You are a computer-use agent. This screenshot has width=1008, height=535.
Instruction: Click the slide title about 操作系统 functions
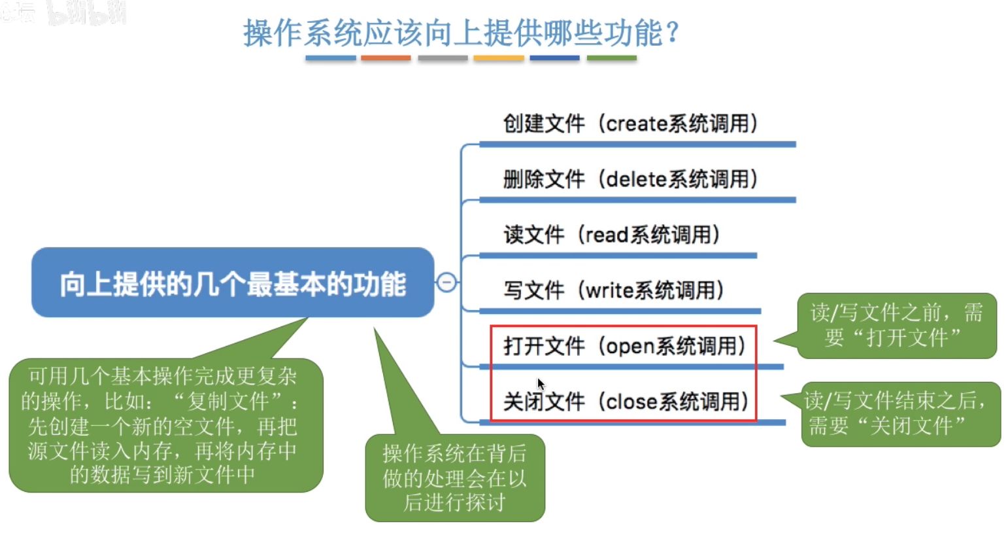coord(461,33)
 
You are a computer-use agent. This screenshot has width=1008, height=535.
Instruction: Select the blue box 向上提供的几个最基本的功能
coord(233,283)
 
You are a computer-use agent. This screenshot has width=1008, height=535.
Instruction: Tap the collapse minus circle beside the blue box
coord(446,283)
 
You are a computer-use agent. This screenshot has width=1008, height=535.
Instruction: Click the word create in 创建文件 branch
coord(637,124)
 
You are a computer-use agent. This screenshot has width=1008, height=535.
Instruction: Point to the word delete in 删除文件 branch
coord(637,179)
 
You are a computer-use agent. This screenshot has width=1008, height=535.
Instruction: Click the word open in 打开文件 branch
coord(631,347)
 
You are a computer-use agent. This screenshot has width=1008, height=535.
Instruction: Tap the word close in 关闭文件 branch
coord(632,402)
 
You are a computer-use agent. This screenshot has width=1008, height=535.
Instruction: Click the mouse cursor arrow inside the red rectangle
coord(541,384)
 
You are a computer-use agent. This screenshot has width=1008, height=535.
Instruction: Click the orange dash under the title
coord(386,58)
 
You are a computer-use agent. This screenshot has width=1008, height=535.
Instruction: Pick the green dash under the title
coord(612,58)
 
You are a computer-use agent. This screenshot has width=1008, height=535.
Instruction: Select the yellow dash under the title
coord(499,58)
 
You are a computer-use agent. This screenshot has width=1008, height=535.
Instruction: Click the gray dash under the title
coord(443,58)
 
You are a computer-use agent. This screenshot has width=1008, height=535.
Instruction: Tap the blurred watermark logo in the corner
coord(63,13)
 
